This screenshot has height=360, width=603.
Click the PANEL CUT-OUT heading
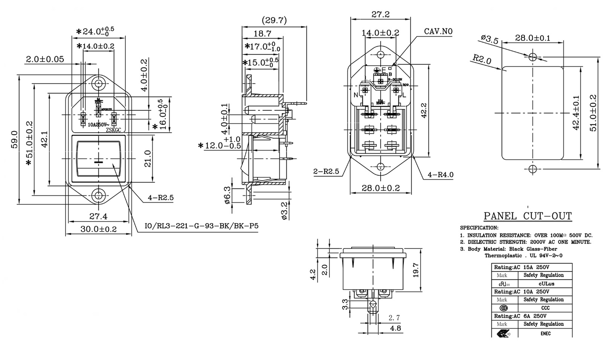pyautogui.click(x=528, y=216)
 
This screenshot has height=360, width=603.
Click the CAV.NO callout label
pyautogui.click(x=438, y=31)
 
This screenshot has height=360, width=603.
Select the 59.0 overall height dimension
pyautogui.click(x=14, y=139)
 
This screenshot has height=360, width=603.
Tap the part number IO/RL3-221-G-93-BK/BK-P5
pyautogui.click(x=202, y=226)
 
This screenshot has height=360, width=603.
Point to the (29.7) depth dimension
pyautogui.click(x=274, y=20)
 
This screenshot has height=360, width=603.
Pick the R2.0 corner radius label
pyautogui.click(x=482, y=59)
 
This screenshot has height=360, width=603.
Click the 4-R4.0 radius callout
pyautogui.click(x=441, y=175)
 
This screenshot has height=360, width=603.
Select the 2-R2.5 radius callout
pyautogui.click(x=326, y=172)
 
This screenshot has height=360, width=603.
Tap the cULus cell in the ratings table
pyautogui.click(x=545, y=284)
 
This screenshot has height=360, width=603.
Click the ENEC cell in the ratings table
pyautogui.click(x=545, y=333)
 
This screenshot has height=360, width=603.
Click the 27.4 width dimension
pyautogui.click(x=98, y=216)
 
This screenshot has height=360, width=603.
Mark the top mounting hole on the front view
pyautogui.click(x=99, y=83)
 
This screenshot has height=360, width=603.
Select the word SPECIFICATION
pyautogui.click(x=479, y=228)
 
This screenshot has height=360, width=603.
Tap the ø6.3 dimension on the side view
pyautogui.click(x=227, y=195)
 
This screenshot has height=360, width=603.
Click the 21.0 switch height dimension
pyautogui.click(x=147, y=159)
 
